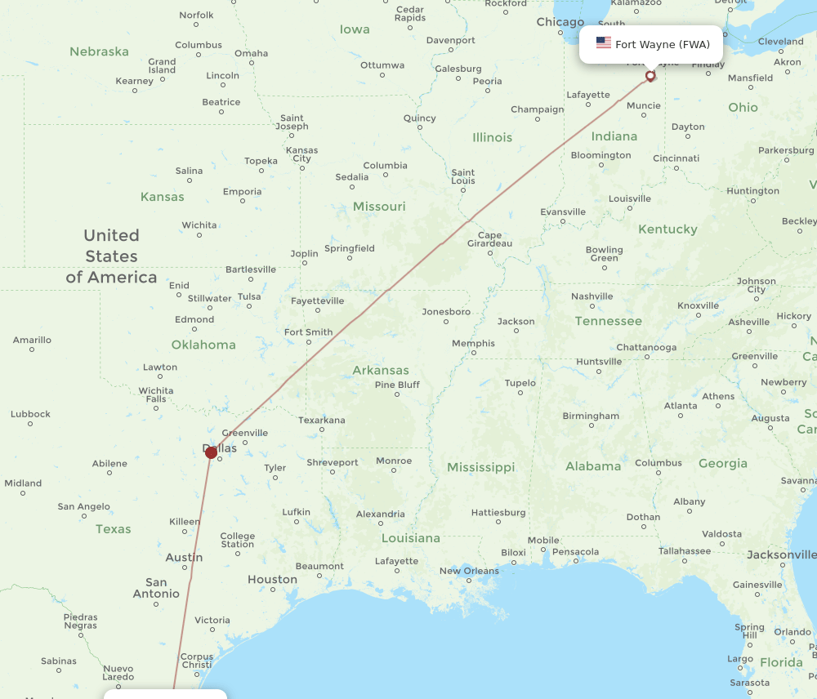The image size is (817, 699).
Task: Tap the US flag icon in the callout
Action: [x=604, y=43]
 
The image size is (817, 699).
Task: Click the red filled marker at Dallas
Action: [x=211, y=452]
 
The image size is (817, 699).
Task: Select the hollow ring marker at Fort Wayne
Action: [x=650, y=76]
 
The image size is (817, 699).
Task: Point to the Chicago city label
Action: [x=560, y=22]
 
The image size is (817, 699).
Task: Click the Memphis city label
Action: [x=473, y=343]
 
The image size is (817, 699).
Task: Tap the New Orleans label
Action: [x=469, y=571]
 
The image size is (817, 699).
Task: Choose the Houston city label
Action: [x=272, y=580]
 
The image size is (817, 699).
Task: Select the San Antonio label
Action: [x=156, y=588]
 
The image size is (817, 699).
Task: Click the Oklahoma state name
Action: [x=203, y=345]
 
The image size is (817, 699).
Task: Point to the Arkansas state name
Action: [x=381, y=370]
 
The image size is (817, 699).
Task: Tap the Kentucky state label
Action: [x=667, y=229]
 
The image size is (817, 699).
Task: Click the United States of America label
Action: [x=111, y=256]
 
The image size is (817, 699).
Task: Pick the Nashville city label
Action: [x=592, y=296]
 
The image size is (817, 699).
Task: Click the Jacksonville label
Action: [x=781, y=555]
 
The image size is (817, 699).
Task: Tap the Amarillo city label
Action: [x=32, y=340]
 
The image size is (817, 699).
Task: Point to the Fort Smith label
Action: [x=308, y=332]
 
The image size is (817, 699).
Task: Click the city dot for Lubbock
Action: [x=30, y=425]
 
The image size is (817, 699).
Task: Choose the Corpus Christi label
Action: [x=197, y=661]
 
